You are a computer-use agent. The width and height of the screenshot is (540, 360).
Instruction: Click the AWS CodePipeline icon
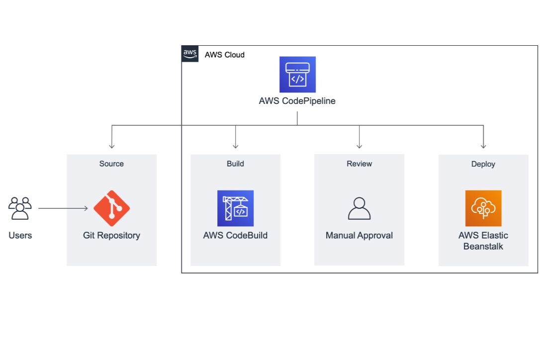click(297, 75)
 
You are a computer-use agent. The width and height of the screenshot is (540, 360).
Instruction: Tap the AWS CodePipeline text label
click(297, 101)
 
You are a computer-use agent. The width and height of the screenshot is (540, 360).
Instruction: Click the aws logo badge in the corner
click(190, 54)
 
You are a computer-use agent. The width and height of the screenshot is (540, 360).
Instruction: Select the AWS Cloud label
click(225, 55)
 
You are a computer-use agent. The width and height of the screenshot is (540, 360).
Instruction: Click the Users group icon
click(20, 208)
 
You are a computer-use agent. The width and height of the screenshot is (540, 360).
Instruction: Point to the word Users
click(20, 235)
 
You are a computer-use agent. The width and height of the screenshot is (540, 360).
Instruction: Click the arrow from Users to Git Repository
click(63, 208)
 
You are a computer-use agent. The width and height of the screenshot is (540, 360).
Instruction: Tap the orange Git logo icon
click(112, 208)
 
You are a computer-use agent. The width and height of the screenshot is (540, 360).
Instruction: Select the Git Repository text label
click(112, 235)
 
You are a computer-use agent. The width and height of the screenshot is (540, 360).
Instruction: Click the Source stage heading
click(111, 164)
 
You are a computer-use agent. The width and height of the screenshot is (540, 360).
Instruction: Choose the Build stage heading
click(235, 164)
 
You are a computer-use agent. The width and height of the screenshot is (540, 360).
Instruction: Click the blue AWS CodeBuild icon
click(235, 208)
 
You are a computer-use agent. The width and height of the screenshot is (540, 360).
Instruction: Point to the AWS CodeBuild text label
click(235, 235)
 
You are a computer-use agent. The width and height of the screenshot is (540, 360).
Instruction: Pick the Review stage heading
click(359, 164)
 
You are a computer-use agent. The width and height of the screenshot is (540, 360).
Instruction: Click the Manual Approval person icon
click(359, 208)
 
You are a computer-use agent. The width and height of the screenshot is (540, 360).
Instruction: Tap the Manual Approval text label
click(359, 235)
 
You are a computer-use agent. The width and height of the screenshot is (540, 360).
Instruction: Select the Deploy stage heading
click(483, 164)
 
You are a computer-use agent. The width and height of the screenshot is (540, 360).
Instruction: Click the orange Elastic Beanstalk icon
click(483, 208)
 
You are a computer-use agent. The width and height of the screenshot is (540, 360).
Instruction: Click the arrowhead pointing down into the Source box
click(112, 146)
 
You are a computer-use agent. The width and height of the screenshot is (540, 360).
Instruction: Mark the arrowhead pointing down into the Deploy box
click(483, 146)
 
